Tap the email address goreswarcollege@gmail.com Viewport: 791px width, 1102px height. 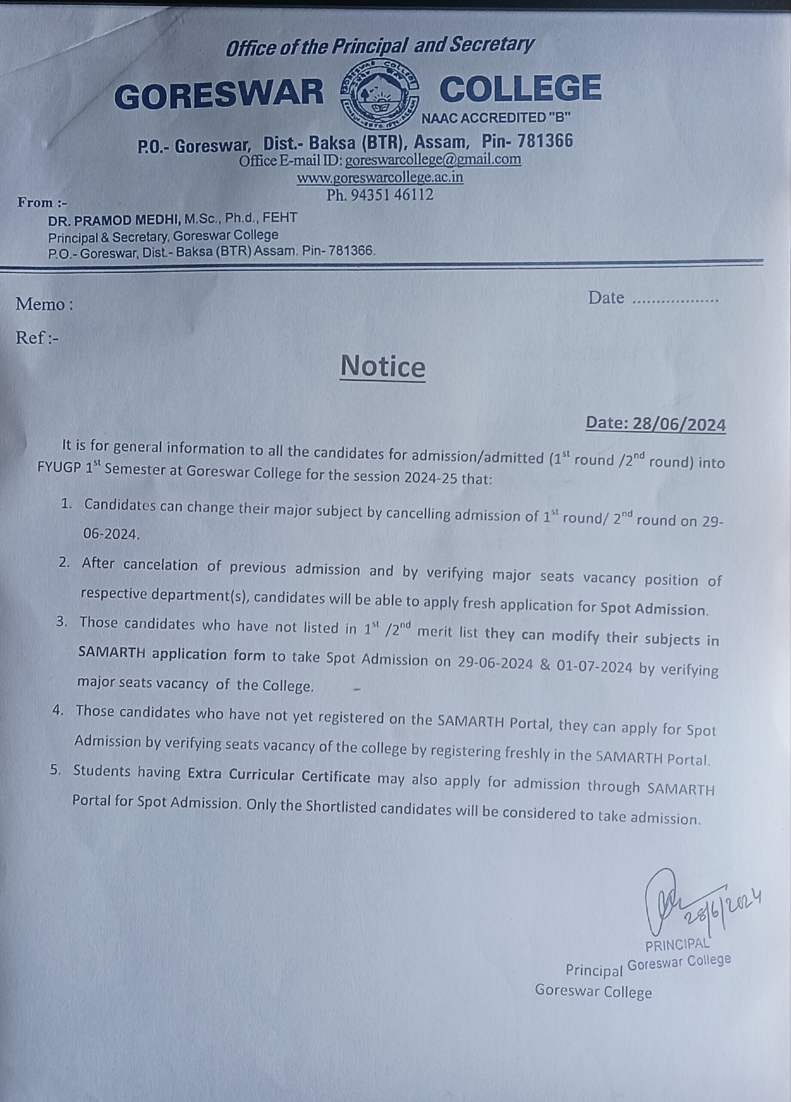tap(433, 159)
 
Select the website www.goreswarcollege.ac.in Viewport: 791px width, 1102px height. tap(380, 177)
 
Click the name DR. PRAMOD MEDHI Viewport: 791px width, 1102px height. tap(114, 220)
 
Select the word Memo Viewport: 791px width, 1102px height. tap(41, 304)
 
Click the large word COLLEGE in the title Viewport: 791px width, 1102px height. tap(520, 89)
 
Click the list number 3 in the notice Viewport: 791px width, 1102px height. tap(61, 622)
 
